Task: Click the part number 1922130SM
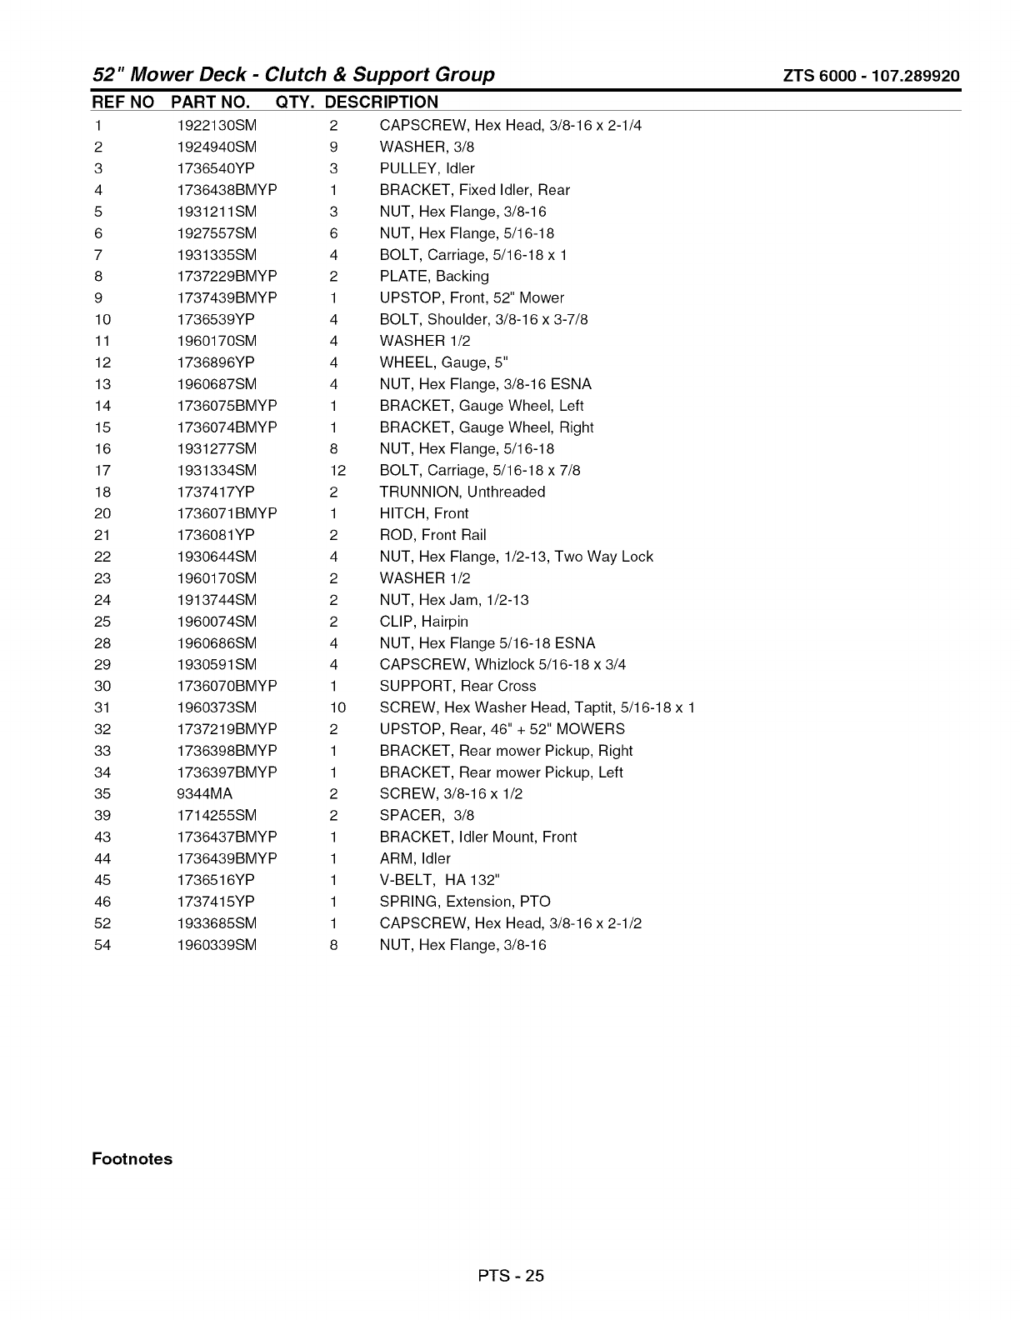coord(217,126)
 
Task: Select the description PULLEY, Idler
coord(427,168)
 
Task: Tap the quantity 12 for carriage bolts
coord(337,471)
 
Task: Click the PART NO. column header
coord(210,102)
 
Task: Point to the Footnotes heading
coord(132,1159)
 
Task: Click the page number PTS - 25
coord(510,1275)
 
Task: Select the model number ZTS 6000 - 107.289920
coord(871,77)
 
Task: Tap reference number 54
coord(102,945)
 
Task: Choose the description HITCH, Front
coord(424,514)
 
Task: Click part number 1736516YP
coord(216,880)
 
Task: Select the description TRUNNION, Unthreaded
coord(462,492)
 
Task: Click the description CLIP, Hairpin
coord(424,622)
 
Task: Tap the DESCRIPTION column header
coord(381,102)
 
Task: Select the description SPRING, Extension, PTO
coord(465,902)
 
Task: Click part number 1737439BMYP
coord(227,298)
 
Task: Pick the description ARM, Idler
coord(415,858)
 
